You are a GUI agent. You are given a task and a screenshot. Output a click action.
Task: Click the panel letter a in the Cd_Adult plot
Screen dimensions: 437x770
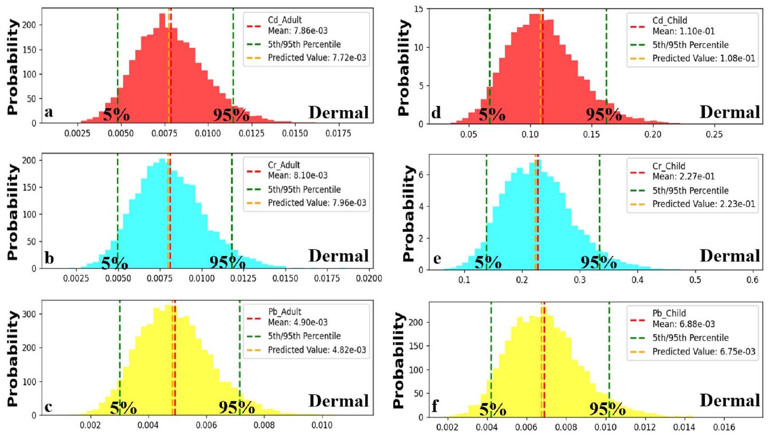click(x=48, y=112)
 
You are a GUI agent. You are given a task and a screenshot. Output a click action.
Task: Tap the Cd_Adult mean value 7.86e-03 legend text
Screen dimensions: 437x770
click(x=297, y=31)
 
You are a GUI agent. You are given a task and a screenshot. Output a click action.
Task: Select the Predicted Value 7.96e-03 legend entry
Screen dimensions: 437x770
click(x=317, y=203)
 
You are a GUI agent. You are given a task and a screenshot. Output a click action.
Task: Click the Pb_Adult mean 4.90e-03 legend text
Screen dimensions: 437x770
click(x=297, y=322)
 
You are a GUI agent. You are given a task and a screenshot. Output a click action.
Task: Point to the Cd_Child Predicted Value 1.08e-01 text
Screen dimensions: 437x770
click(x=703, y=58)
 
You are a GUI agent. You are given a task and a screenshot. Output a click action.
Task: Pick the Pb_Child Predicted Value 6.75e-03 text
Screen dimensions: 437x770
click(x=703, y=352)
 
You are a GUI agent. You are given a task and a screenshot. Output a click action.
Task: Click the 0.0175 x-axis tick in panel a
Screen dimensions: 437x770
click(x=338, y=134)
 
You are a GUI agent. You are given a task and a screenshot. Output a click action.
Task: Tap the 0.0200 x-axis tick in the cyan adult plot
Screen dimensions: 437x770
click(x=369, y=278)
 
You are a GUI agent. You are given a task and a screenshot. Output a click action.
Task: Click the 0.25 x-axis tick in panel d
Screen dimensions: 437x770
click(x=714, y=135)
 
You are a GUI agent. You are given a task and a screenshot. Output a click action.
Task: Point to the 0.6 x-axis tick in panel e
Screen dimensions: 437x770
click(x=752, y=280)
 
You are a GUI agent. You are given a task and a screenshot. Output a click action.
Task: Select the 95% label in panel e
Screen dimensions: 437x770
click(x=598, y=262)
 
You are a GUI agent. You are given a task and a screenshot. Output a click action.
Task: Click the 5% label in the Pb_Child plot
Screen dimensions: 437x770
click(x=493, y=410)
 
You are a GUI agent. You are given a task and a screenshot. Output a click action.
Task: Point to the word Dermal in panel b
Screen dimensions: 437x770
click(x=339, y=256)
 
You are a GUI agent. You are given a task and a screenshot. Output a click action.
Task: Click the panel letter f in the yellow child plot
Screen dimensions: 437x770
click(x=435, y=406)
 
